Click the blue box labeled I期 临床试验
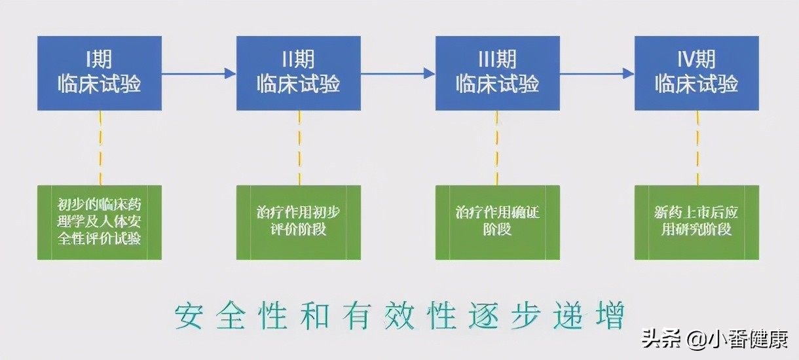click(x=99, y=73)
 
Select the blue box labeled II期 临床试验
click(x=298, y=73)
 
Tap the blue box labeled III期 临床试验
click(x=497, y=73)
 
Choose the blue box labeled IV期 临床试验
click(x=696, y=73)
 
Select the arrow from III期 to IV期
click(x=597, y=73)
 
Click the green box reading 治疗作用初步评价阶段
click(x=298, y=222)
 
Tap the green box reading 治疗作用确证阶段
click(x=497, y=222)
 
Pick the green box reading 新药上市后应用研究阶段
click(x=696, y=222)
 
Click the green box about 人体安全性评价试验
click(x=99, y=222)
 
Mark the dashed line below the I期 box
click(x=100, y=147)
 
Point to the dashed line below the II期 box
click(x=299, y=147)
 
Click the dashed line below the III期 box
click(x=497, y=147)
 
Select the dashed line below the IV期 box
click(x=697, y=147)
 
